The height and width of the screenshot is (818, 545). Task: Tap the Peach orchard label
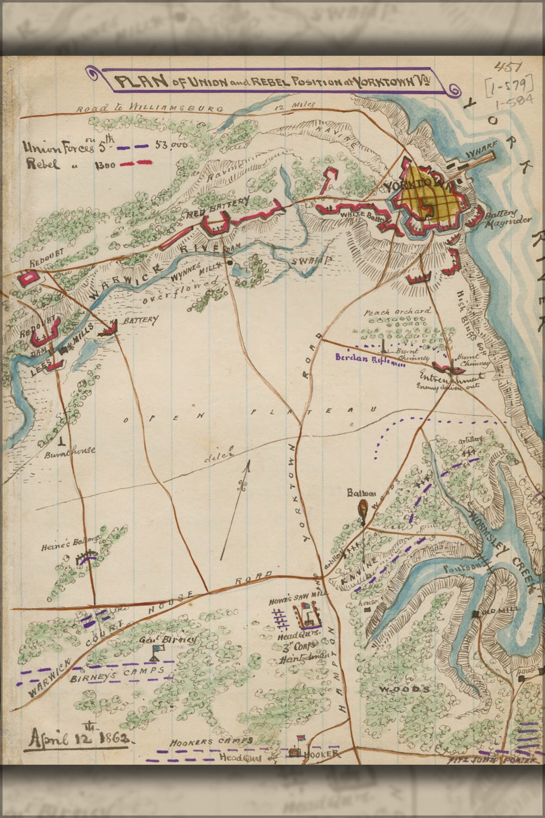click(397, 312)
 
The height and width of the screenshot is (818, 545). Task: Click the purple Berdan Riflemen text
click(370, 360)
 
